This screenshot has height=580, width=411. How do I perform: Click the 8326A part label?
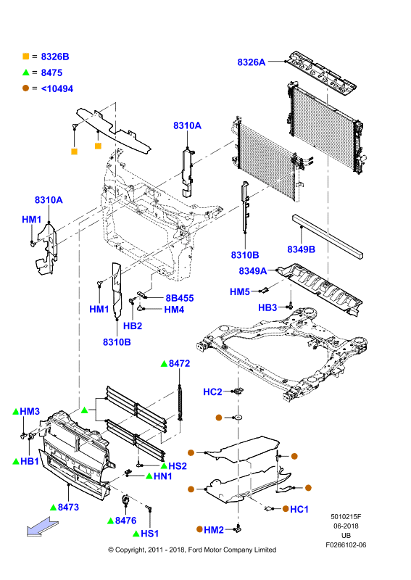[252, 62]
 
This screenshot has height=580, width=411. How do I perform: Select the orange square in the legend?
[26, 57]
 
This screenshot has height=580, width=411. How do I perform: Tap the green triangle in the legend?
[26, 72]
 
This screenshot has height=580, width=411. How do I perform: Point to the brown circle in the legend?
[25, 88]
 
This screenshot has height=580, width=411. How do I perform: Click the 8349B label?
[301, 249]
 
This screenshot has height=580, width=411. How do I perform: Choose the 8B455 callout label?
[180, 298]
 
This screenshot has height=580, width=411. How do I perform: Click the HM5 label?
[240, 292]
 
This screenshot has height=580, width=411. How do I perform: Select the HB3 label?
[267, 307]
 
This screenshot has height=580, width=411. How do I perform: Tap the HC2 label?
[212, 391]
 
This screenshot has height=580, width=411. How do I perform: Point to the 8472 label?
[180, 364]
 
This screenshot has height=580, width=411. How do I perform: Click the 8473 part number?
[68, 507]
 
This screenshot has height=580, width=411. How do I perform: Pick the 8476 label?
[126, 521]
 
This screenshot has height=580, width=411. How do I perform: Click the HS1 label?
[150, 534]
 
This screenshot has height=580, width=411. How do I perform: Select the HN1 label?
[163, 476]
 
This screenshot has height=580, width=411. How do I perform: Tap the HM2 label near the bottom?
[214, 530]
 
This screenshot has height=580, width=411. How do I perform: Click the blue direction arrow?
[43, 527]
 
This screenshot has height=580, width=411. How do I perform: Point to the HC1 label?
[299, 510]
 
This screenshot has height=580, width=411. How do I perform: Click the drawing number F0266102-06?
[346, 545]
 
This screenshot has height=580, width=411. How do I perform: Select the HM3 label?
[30, 411]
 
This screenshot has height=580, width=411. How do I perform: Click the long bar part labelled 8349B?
[328, 236]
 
